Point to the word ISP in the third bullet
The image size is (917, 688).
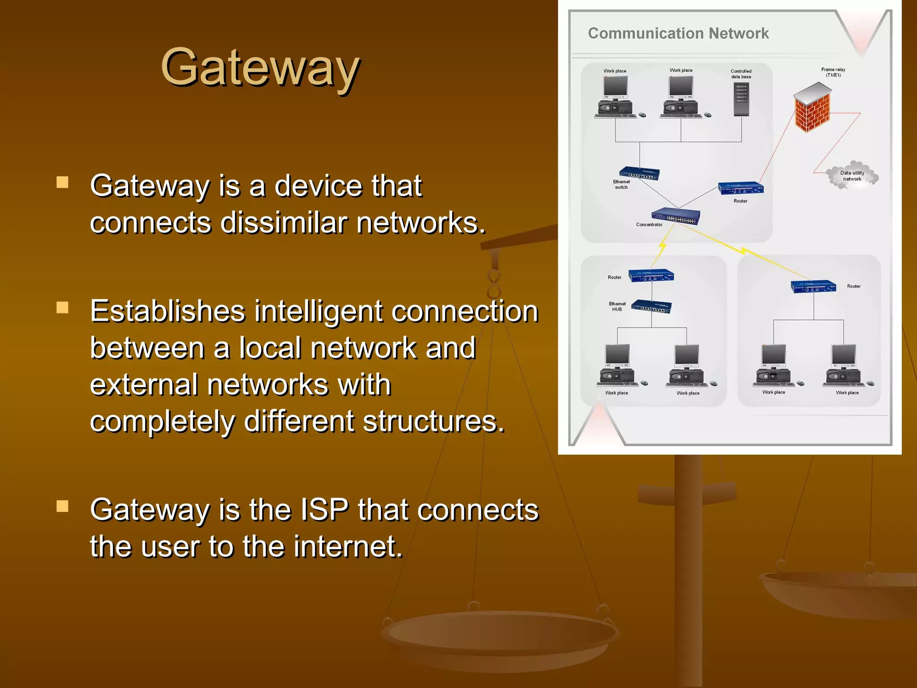[x=324, y=510]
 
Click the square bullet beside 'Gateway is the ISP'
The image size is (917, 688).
[x=62, y=506]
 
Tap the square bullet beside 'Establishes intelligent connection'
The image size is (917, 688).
[x=62, y=307]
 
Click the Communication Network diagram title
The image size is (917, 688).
[x=678, y=34]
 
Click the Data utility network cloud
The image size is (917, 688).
[x=852, y=175]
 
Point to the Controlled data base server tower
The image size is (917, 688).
[x=741, y=99]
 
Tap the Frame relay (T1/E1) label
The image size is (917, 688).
[x=833, y=72]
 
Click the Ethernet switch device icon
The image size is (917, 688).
[x=639, y=173]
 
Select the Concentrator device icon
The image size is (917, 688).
[x=676, y=216]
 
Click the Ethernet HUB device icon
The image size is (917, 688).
[x=651, y=307]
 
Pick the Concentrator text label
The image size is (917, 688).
[x=649, y=225]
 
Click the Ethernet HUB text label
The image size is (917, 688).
[x=617, y=306]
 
